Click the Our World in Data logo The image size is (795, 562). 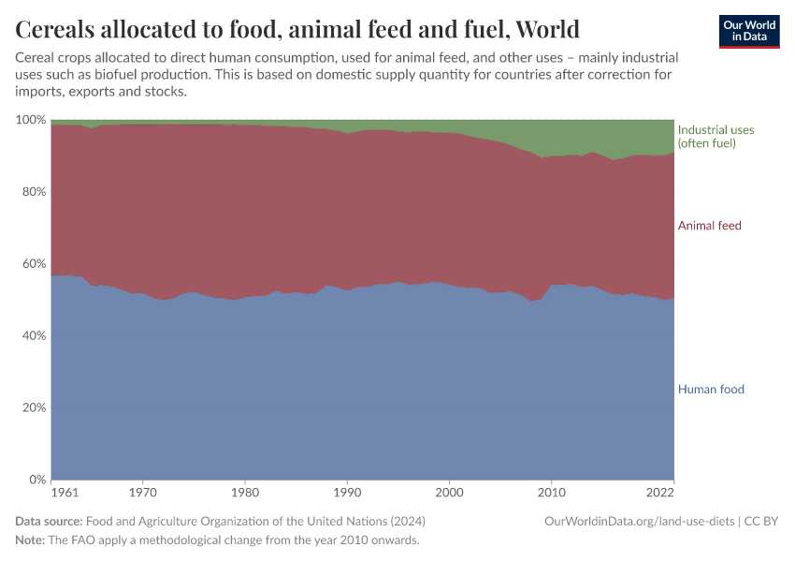click(748, 31)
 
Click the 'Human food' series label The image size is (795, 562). click(711, 389)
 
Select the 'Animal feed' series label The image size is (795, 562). click(709, 226)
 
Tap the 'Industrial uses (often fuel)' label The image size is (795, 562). click(715, 136)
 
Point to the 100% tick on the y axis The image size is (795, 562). click(31, 120)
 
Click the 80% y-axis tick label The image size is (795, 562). click(34, 192)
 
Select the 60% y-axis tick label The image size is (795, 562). click(34, 264)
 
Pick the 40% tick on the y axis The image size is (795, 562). click(34, 335)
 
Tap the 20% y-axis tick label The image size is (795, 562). click(34, 407)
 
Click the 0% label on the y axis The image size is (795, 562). click(37, 480)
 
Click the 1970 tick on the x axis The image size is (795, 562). click(142, 491)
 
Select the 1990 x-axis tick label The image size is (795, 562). click(347, 491)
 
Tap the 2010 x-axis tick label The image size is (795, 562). click(552, 491)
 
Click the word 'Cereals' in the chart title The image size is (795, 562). click(60, 29)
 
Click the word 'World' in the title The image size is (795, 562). click(547, 29)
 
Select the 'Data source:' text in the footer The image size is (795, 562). click(49, 521)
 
